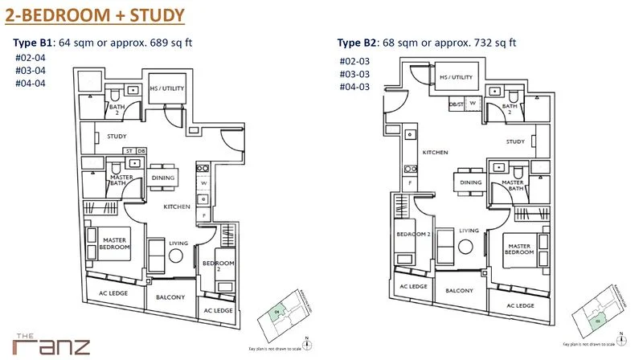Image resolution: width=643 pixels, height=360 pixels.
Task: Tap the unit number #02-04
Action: [x=30, y=58]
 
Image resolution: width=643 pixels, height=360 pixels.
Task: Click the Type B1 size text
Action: [x=103, y=43]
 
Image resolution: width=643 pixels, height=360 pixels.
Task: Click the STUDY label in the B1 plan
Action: [x=117, y=137]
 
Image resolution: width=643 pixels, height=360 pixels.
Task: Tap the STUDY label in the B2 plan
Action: [x=515, y=142]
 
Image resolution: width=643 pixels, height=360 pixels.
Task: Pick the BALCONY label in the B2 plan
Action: [x=459, y=290]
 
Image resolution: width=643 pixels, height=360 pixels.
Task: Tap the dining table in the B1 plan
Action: [x=166, y=178]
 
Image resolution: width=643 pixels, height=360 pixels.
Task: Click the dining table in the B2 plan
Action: [x=468, y=182]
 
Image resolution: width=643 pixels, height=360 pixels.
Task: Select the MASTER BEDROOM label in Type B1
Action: [x=115, y=243]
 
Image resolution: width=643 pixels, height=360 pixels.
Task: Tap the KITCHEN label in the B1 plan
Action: [x=177, y=207]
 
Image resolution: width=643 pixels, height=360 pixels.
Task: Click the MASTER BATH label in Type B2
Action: [x=513, y=186]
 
